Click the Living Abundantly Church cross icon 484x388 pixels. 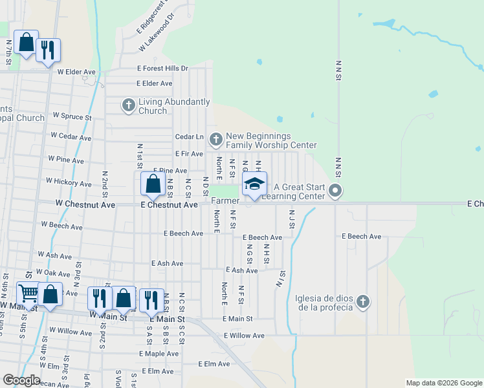pos(129,104)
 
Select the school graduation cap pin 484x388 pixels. pos(254,184)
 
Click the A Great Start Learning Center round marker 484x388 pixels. pos(335,190)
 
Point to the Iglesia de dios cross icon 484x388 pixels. pos(363,301)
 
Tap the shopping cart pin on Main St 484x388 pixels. pos(28,294)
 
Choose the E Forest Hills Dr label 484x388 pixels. pos(162,68)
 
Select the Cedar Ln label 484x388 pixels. pos(190,137)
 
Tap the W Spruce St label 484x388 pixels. pos(72,116)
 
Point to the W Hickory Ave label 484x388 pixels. pos(69,182)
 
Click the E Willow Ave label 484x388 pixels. pos(244,336)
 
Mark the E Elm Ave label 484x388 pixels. pos(214,364)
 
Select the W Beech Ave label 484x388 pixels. pos(61,226)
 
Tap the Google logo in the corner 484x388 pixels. pos(21,380)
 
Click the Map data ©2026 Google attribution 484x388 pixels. pos(444,383)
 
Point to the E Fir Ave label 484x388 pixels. pos(189,154)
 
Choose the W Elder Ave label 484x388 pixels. pos(76,72)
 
